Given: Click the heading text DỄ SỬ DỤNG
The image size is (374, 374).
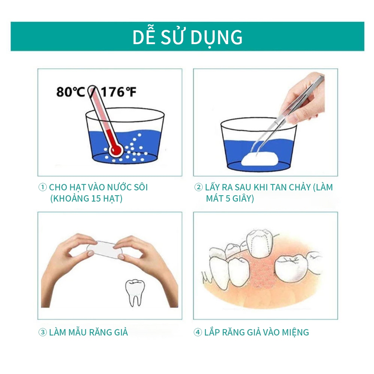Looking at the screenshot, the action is pos(187,37).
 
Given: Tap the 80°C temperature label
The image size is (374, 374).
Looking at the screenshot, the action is pos(71,92).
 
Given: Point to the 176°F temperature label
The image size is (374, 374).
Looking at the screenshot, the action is pos(119,92).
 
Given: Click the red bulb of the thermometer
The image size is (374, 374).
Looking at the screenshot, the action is pos(116,150).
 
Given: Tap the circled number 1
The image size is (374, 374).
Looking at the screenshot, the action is pos(43,187).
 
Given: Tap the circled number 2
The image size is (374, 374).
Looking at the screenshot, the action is pos(199,187).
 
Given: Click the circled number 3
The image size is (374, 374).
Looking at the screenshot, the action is pos(43,332).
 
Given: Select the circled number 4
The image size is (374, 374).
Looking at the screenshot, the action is pos(198,332).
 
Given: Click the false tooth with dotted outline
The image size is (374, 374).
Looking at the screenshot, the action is pos(260,243).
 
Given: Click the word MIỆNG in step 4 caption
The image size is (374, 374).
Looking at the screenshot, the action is pos(295,332).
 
